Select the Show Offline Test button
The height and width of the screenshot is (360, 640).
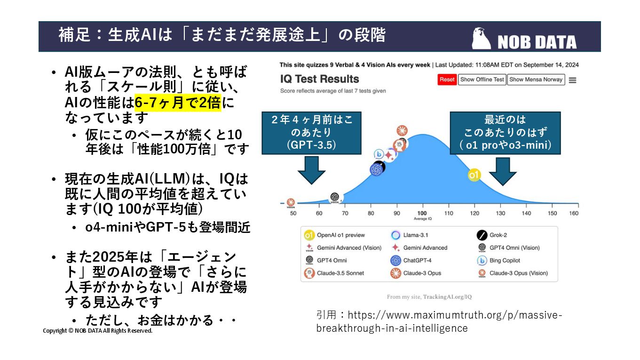click(482, 80)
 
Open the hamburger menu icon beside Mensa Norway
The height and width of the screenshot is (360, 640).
click(572, 80)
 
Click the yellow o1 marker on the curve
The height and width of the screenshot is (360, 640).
click(474, 176)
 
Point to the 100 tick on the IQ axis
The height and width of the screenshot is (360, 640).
click(423, 213)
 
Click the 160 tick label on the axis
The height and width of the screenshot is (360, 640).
click(574, 213)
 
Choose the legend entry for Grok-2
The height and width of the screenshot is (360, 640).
click(498, 235)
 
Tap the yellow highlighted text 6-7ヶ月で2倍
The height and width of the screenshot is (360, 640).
click(177, 103)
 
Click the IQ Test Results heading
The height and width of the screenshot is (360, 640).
click(319, 79)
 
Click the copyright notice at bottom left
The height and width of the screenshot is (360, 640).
click(98, 331)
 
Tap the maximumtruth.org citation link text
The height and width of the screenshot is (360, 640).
click(439, 321)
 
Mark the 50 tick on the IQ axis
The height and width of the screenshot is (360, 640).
click(293, 213)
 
